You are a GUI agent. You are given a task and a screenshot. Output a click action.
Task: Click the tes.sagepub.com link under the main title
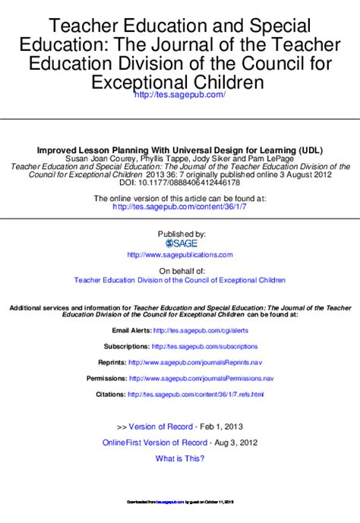(179, 94)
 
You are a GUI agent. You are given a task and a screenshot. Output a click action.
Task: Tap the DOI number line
(180, 182)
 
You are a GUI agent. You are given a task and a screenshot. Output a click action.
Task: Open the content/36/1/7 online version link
(180, 206)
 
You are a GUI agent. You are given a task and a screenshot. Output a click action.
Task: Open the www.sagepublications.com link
(180, 255)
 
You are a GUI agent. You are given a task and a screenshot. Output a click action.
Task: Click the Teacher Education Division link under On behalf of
(180, 280)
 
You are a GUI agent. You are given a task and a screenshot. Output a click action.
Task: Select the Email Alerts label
(131, 331)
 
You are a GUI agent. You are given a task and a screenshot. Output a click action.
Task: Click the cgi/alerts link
(201, 331)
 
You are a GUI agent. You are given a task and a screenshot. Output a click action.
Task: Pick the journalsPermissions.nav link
(201, 378)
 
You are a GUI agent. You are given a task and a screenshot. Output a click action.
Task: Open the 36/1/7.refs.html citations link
(196, 395)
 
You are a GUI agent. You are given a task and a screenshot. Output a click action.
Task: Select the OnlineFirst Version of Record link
(155, 443)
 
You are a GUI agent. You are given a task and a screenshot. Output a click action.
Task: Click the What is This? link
(180, 458)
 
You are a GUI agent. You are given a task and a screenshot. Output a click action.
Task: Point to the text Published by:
(181, 233)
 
